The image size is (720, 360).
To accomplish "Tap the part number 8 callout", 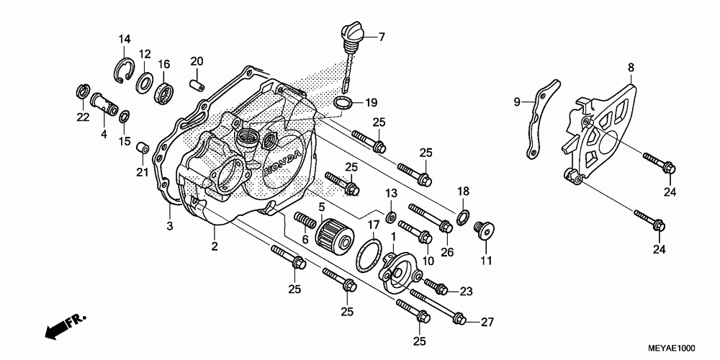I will pos(630,68).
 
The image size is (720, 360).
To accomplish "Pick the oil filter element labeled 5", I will pos(333,233).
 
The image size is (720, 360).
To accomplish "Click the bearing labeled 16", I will pos(163,94).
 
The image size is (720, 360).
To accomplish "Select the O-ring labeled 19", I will pos(343,102).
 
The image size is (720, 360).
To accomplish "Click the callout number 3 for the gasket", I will pos(170,227).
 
